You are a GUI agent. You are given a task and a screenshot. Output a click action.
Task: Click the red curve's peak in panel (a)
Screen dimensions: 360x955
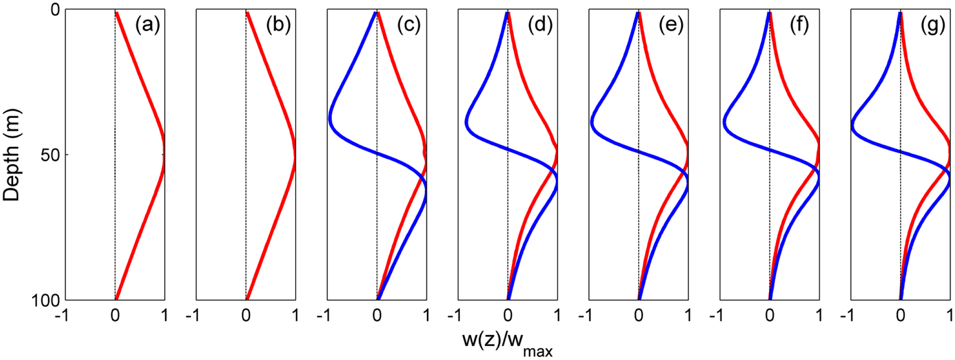tap(164, 154)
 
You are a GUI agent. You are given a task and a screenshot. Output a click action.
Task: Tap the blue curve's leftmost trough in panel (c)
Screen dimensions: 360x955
tap(330, 118)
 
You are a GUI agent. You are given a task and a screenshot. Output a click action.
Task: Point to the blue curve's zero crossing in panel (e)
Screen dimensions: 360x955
tap(639, 152)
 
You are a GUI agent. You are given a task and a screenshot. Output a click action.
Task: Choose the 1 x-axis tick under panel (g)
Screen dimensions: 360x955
tap(949, 316)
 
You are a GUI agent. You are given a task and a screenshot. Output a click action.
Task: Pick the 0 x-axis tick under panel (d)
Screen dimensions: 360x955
tap(508, 316)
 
